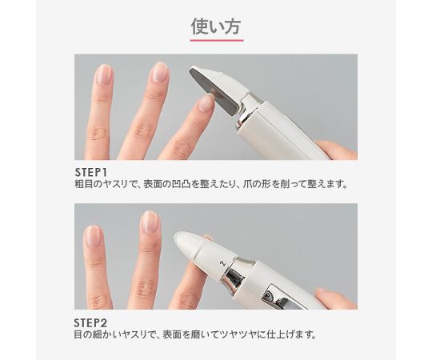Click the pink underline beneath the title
pos(216,39)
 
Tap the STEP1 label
pos(93,171)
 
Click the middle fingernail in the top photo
pos(160,73)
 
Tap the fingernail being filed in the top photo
pos(206,103)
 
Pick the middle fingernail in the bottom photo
pos(150,222)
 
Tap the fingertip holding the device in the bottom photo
pos(333,299)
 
